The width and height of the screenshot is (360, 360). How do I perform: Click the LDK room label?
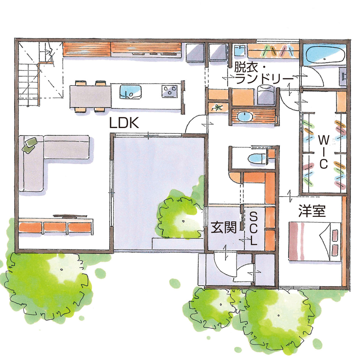pos(123,123)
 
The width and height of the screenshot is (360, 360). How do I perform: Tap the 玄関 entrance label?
pos(223,228)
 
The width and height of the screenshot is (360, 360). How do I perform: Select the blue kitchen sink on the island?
pos(131,91)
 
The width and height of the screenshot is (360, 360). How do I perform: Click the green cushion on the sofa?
pos(30,144)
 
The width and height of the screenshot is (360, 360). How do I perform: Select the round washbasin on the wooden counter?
pos(246,116)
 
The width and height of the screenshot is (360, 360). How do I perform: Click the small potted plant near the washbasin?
pos(218,107)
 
